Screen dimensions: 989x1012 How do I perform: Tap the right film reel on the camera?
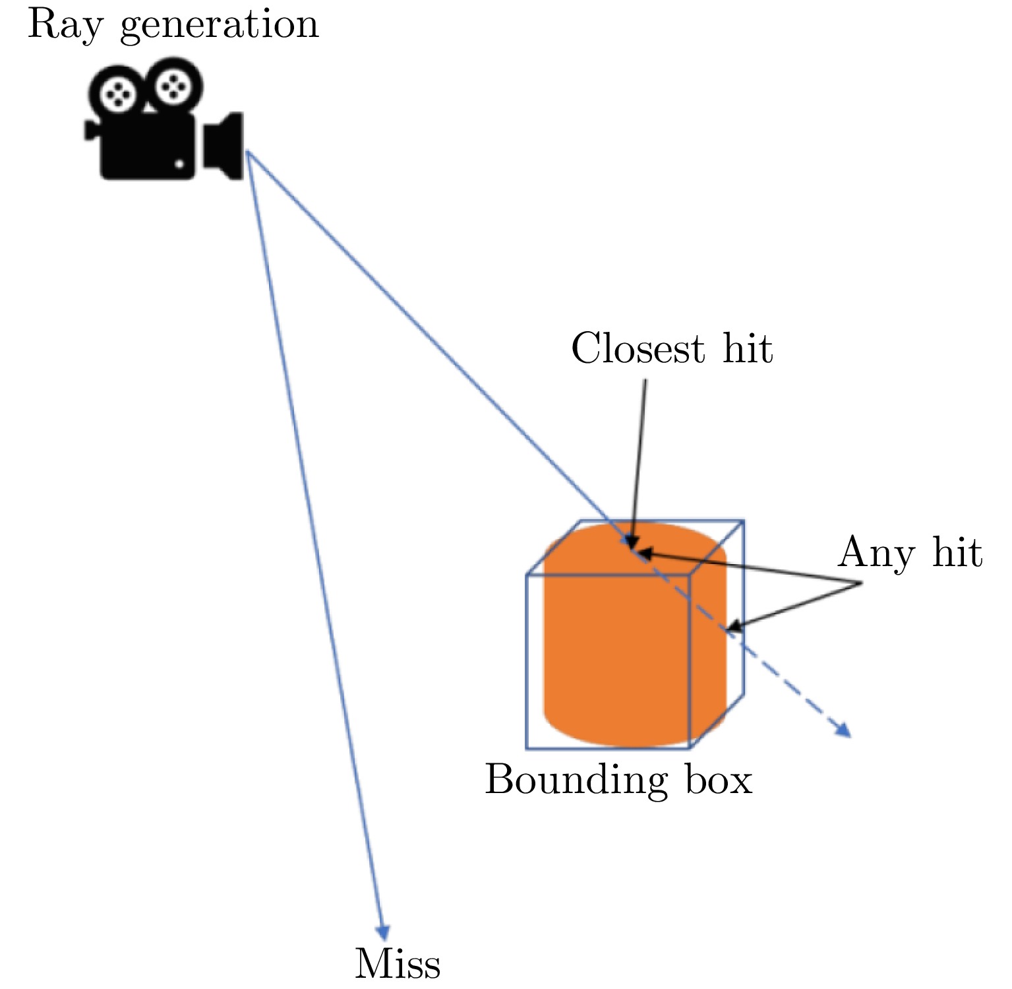173,84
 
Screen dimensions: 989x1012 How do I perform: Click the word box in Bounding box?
718,780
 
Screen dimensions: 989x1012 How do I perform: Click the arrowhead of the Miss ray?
382,933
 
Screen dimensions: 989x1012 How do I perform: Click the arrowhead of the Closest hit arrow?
632,544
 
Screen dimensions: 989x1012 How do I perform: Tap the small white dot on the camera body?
179,163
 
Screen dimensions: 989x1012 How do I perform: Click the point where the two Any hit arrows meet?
861,583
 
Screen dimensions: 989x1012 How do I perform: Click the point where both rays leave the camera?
247,152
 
